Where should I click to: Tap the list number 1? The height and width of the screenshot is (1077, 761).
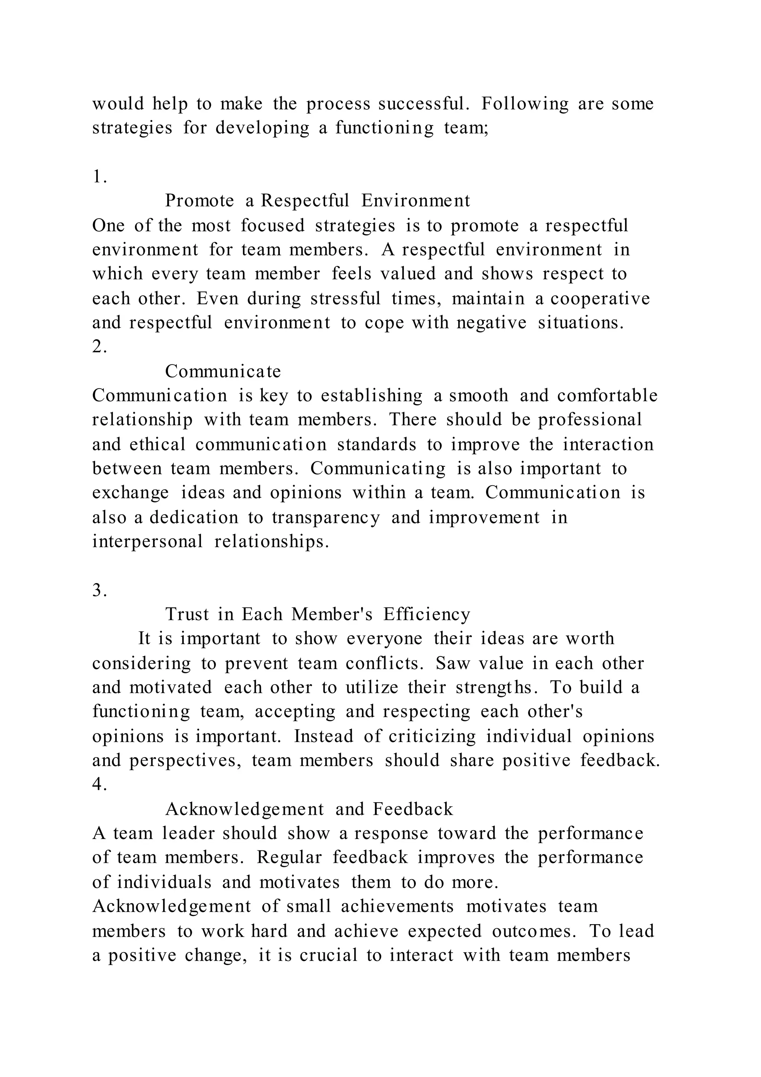point(99,177)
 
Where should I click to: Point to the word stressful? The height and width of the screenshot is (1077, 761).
point(345,298)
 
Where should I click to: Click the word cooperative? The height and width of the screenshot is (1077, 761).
point(600,298)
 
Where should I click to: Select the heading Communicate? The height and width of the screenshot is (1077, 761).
point(223,372)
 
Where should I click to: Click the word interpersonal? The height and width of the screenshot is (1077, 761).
point(148,542)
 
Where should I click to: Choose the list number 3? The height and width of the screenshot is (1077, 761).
point(99,591)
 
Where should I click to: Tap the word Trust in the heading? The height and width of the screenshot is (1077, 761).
point(187,614)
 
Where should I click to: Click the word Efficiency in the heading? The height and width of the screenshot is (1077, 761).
point(427,614)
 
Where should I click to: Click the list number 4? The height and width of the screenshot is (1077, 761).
point(99,785)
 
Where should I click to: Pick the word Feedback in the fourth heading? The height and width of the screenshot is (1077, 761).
point(413,809)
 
